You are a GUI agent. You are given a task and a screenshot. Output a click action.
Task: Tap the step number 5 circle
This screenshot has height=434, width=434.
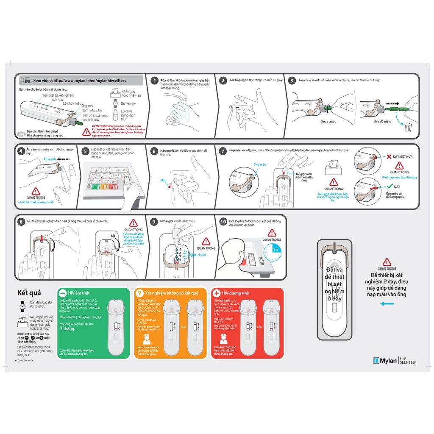(x=86, y=151)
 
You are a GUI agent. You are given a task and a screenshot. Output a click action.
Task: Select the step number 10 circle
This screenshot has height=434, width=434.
(x=223, y=221)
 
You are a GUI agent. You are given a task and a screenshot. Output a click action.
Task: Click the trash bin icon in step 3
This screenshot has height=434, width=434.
(x=408, y=127)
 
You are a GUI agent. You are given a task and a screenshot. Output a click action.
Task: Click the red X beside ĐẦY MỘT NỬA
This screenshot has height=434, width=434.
(x=387, y=157)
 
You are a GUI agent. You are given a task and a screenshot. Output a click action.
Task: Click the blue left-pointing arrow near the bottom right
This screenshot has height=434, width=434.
(x=387, y=303)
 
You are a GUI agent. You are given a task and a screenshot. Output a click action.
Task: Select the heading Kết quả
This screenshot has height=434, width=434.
(x=29, y=293)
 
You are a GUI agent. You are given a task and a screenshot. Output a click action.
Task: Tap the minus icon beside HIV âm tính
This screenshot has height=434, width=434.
(x=62, y=293)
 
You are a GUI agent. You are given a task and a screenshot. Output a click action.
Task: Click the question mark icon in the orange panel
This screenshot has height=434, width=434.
(x=139, y=293)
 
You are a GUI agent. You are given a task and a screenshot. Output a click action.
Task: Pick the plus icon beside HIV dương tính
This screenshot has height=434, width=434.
(x=216, y=293)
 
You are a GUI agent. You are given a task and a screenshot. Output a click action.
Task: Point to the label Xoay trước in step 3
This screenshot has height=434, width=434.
(x=328, y=121)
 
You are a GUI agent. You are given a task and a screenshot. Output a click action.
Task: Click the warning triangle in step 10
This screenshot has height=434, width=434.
(x=272, y=233)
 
